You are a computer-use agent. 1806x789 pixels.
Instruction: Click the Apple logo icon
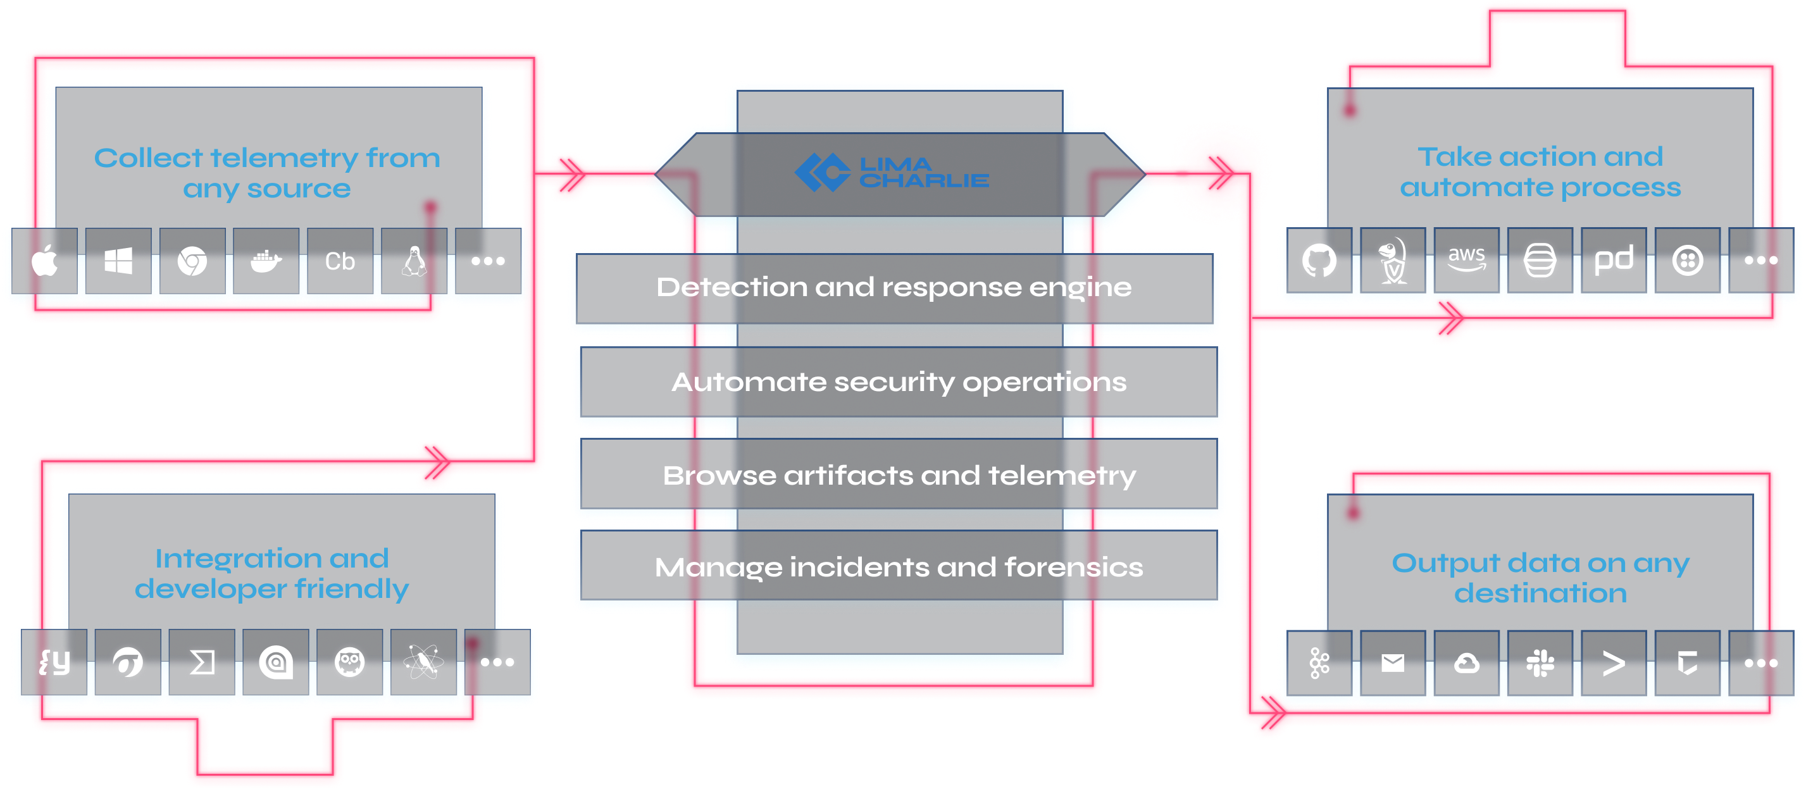tap(46, 261)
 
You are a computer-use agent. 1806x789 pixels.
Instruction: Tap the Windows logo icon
tap(118, 261)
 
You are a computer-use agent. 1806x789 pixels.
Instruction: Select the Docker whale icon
tap(266, 261)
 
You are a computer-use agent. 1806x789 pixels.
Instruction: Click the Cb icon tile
tap(340, 261)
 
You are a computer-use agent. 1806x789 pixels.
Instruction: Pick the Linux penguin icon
tap(414, 261)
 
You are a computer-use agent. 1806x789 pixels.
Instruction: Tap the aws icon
tap(1467, 259)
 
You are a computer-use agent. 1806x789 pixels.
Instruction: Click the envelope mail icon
tap(1392, 663)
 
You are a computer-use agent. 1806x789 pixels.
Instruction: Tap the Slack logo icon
tap(1540, 663)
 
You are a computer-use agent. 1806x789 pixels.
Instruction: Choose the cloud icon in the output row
tap(1467, 663)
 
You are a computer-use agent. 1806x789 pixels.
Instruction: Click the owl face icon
tap(349, 662)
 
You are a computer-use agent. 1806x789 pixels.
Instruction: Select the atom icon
tap(423, 662)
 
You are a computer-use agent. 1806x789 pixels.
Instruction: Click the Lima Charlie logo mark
tap(821, 172)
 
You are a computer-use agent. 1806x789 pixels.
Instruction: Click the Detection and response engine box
tap(894, 287)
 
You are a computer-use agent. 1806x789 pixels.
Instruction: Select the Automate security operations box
tap(899, 382)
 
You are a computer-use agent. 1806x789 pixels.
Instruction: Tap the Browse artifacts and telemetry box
tap(899, 476)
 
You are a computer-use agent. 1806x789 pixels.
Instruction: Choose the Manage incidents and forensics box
tap(899, 567)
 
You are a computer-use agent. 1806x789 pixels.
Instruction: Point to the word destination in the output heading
tap(1540, 593)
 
